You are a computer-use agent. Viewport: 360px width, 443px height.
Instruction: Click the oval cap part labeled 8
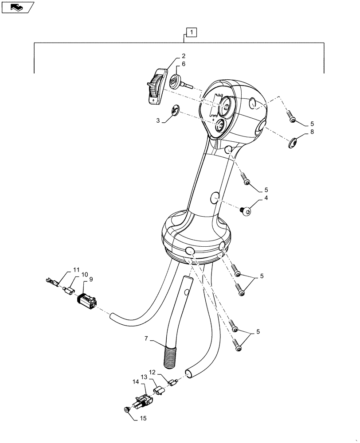[293, 144]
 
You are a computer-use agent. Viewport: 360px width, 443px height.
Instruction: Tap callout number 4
[266, 198]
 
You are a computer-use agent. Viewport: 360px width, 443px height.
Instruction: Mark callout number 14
[136, 381]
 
